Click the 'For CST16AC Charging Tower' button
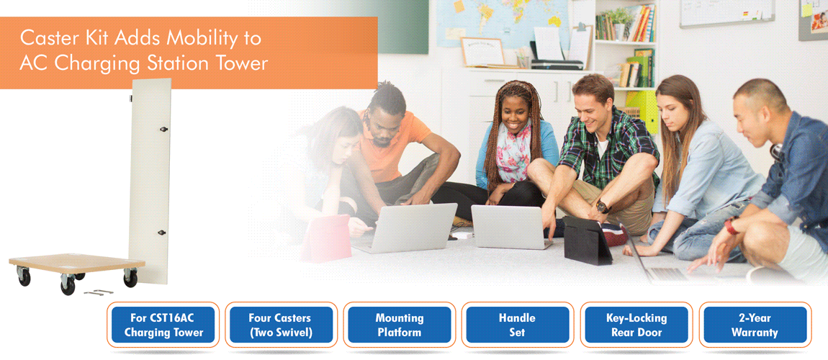click(163, 325)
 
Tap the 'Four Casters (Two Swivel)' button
click(279, 325)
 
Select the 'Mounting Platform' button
click(399, 325)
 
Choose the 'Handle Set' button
click(517, 325)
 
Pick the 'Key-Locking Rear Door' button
click(636, 325)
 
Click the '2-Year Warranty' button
click(755, 325)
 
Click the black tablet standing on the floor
click(588, 240)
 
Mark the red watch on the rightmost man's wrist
click(731, 225)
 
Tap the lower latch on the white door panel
click(161, 233)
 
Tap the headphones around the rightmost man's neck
click(776, 153)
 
